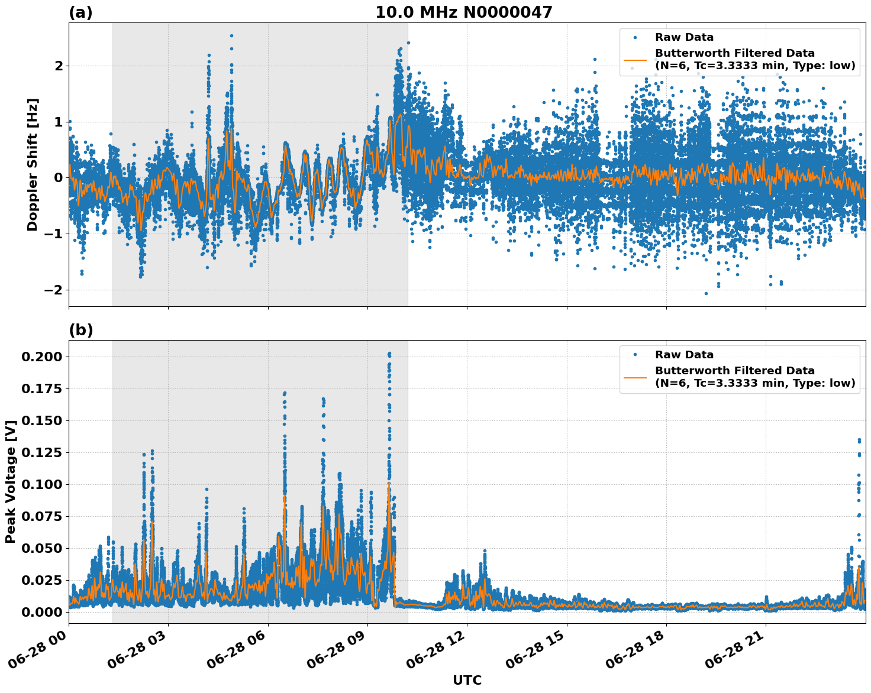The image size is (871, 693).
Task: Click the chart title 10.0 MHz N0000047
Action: pyautogui.click(x=463, y=12)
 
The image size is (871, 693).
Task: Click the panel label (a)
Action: pyautogui.click(x=80, y=12)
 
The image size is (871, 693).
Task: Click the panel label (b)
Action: pyautogui.click(x=80, y=330)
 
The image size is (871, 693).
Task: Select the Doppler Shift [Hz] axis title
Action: pyautogui.click(x=33, y=164)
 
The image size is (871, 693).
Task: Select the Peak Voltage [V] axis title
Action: pyautogui.click(x=10, y=481)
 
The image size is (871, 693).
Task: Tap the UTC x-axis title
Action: pyautogui.click(x=467, y=680)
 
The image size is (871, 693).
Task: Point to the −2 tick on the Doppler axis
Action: pyautogui.click(x=53, y=290)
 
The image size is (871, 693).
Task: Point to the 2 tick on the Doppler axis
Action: pyautogui.click(x=59, y=66)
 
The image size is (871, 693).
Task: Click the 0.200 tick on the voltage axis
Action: pyautogui.click(x=41, y=357)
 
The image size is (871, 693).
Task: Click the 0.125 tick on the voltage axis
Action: pyautogui.click(x=41, y=452)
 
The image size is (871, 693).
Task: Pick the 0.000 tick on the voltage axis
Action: pyautogui.click(x=41, y=612)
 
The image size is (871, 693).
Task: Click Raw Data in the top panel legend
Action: pyautogui.click(x=684, y=37)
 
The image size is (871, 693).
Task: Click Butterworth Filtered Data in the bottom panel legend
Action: pyautogui.click(x=734, y=371)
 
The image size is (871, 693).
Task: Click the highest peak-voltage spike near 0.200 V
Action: pyautogui.click(x=389, y=354)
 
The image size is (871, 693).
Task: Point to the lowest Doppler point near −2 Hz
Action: pyautogui.click(x=706, y=293)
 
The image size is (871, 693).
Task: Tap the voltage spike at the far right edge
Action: pyautogui.click(x=859, y=441)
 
